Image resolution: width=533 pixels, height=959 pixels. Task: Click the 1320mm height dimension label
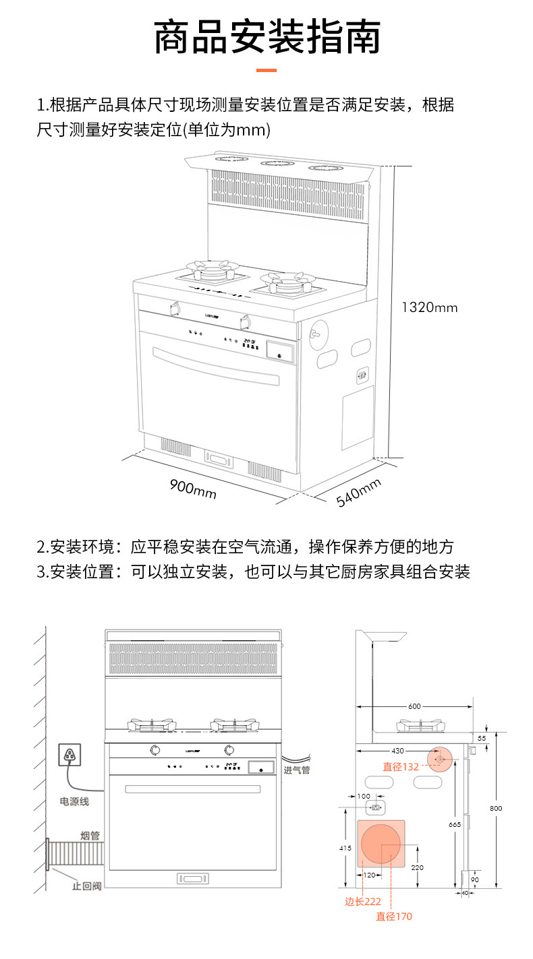(429, 308)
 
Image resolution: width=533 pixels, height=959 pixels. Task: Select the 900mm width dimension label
(193, 489)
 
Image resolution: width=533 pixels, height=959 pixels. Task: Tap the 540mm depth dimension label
(359, 493)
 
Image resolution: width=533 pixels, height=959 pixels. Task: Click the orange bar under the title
(266, 70)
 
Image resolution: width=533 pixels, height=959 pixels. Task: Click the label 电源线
(74, 802)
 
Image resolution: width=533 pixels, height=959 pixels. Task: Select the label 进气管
(296, 770)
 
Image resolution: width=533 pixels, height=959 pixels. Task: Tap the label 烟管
(90, 836)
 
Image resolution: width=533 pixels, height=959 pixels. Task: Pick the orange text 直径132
(401, 767)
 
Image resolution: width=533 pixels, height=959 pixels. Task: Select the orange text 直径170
(393, 917)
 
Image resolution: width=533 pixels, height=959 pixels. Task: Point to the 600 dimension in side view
(414, 706)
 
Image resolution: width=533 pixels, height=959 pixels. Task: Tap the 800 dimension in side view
(496, 808)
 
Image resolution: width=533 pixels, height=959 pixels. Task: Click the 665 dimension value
(455, 824)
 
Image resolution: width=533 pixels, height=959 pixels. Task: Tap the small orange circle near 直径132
(440, 760)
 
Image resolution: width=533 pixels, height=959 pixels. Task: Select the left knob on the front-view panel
(155, 749)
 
